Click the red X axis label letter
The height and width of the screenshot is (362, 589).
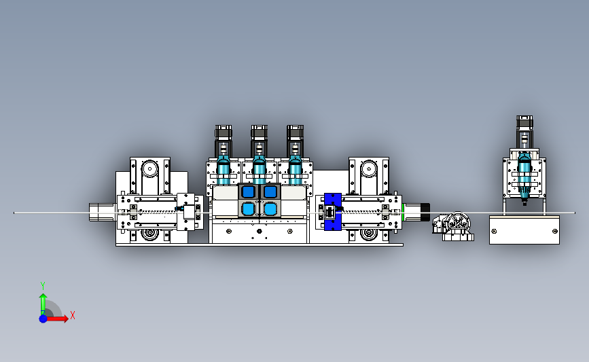(x=73, y=315)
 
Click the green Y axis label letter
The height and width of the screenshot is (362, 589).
(x=43, y=286)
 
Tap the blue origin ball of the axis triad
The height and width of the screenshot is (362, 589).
(x=43, y=319)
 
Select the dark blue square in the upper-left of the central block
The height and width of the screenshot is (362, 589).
(x=248, y=192)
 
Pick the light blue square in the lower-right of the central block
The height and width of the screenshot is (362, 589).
(x=270, y=209)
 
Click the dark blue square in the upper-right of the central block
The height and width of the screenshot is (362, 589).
(x=270, y=192)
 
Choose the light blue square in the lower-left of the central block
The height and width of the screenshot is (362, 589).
(x=248, y=209)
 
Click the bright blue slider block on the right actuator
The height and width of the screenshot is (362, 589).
(x=332, y=212)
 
